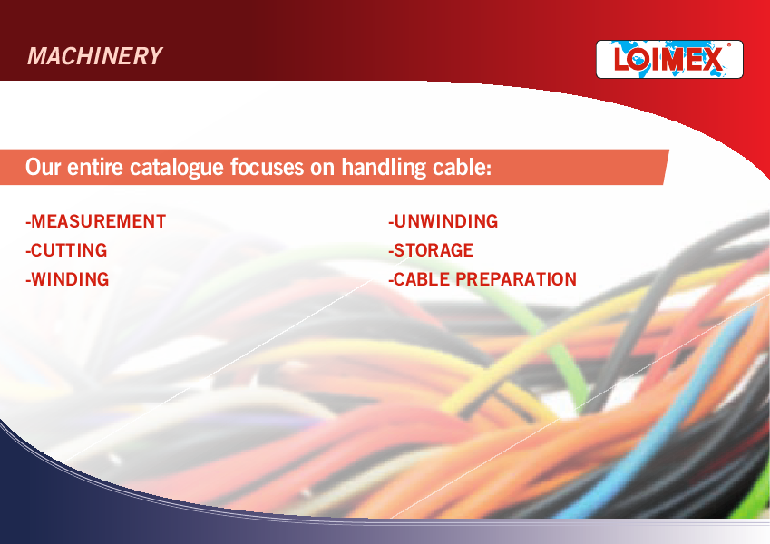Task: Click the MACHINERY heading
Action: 95,56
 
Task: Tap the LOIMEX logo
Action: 669,60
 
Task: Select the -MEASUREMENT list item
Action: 96,221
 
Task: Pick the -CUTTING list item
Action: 66,250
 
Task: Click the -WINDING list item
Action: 67,279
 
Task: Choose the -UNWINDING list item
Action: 443,221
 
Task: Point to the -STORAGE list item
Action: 431,250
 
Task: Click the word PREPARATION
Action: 516,279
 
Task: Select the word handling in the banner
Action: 384,168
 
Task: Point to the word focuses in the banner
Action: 268,168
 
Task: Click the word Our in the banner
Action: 44,168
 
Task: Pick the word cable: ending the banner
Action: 463,168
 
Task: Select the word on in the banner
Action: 323,169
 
